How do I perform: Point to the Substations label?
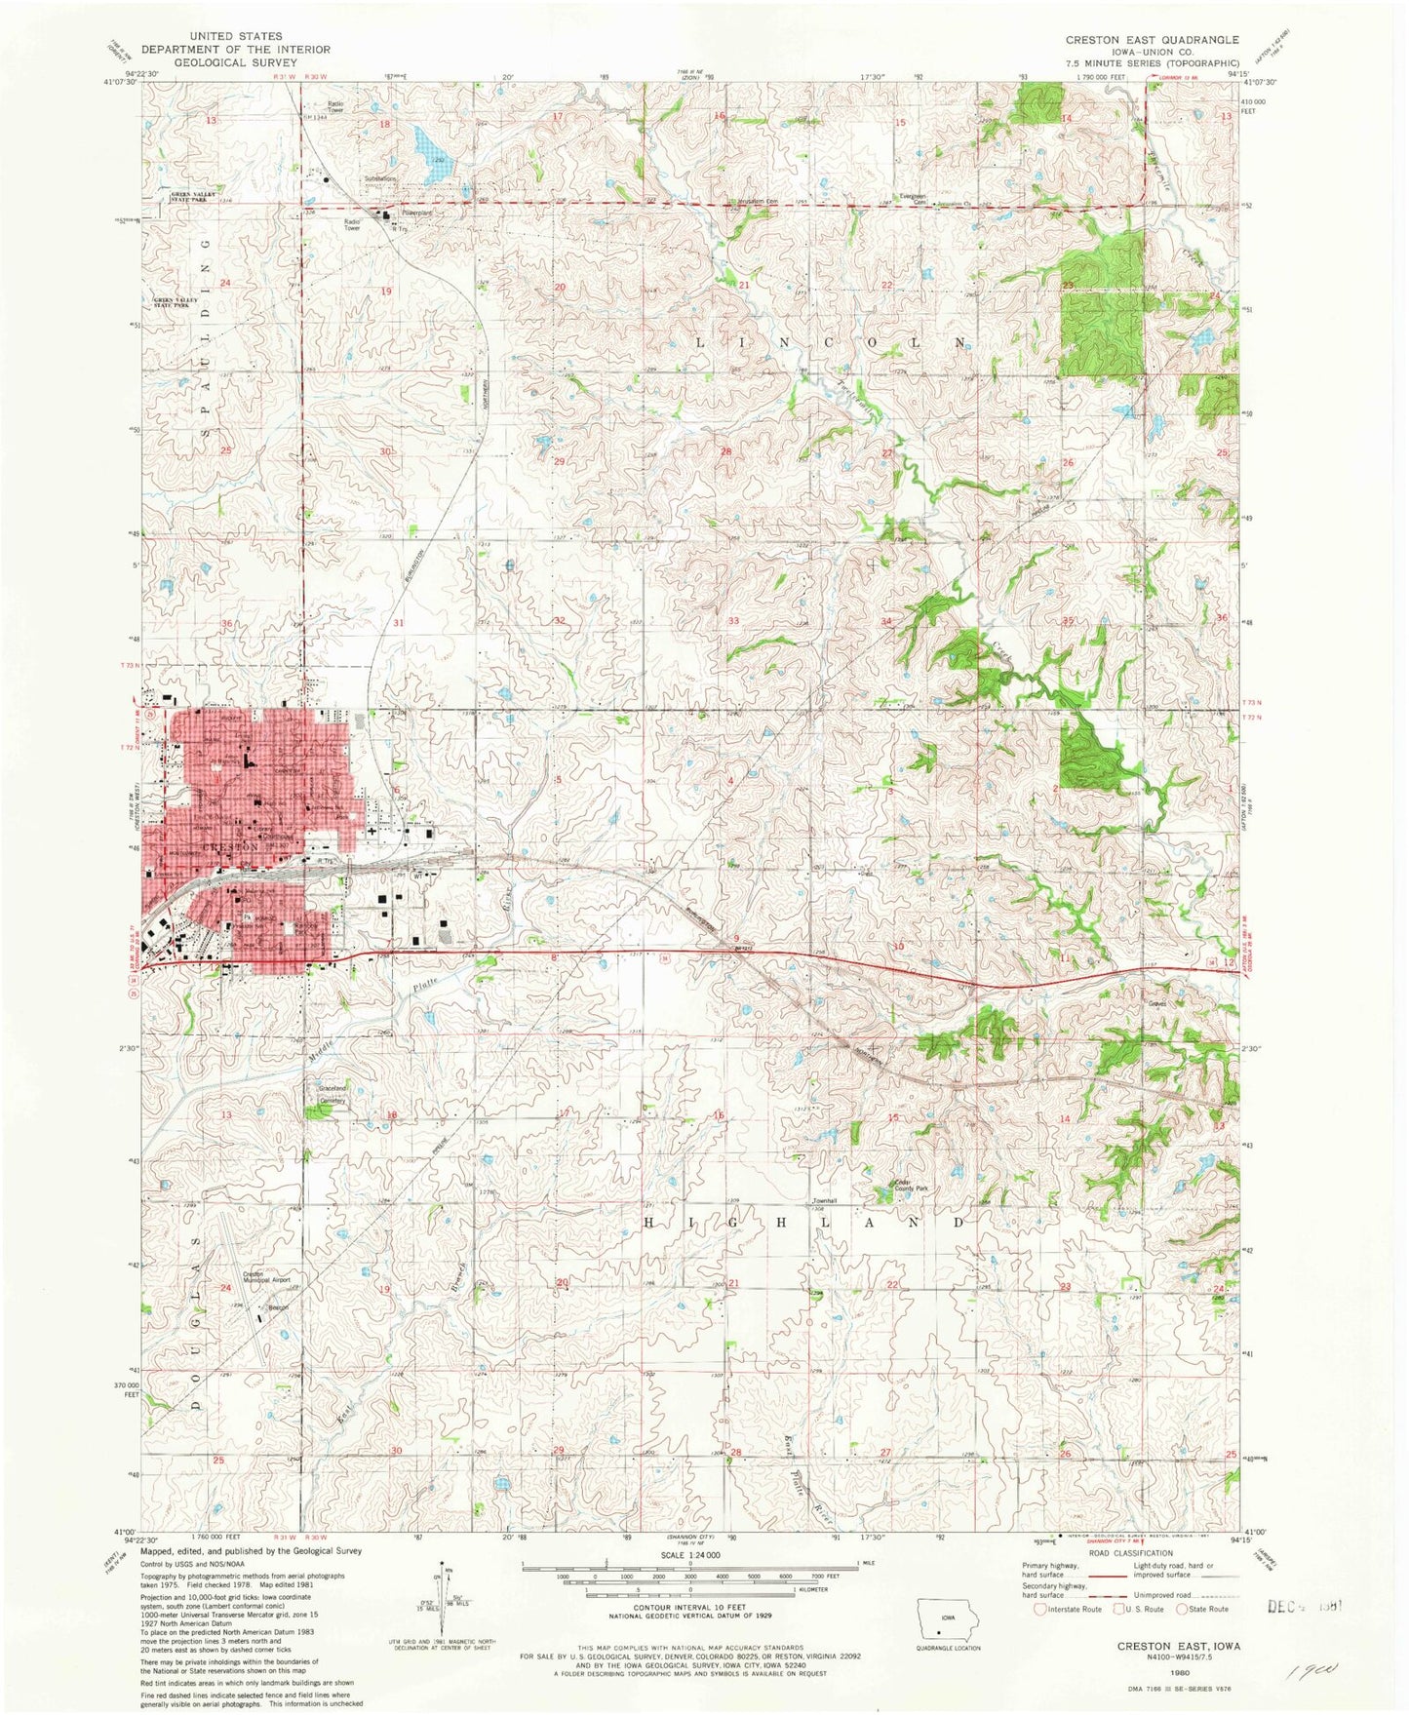coord(380,178)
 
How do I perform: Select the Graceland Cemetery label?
coord(333,1094)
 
